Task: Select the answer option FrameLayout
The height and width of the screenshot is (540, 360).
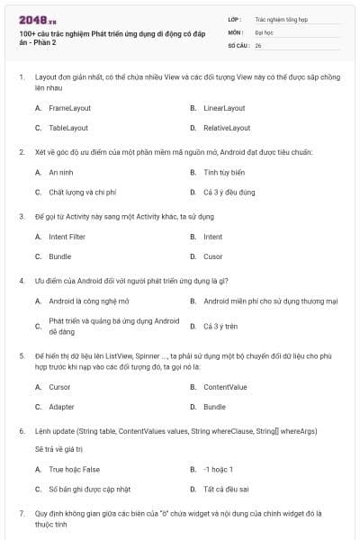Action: coord(70,108)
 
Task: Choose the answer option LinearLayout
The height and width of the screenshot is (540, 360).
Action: coord(224,108)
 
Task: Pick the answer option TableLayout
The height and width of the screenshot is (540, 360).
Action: coord(68,128)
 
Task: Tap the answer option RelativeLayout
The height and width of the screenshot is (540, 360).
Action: coord(227,128)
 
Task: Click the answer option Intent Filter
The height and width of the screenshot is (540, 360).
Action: coord(67,237)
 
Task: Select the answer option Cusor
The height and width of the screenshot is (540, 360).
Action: coord(212,256)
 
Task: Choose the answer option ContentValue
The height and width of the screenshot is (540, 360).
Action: coord(225,387)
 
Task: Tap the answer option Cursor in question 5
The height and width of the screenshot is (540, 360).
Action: coord(59,387)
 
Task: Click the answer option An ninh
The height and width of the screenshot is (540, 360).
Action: coord(61,172)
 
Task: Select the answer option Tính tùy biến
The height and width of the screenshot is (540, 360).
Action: coord(224,172)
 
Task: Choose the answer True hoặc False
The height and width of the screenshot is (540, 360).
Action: coord(75,469)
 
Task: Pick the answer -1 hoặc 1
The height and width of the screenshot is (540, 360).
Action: coord(219,469)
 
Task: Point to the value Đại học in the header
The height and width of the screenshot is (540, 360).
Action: coord(264,31)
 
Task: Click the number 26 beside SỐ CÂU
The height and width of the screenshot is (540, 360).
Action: coord(258,44)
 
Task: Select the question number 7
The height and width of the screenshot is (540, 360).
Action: coord(22,513)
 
